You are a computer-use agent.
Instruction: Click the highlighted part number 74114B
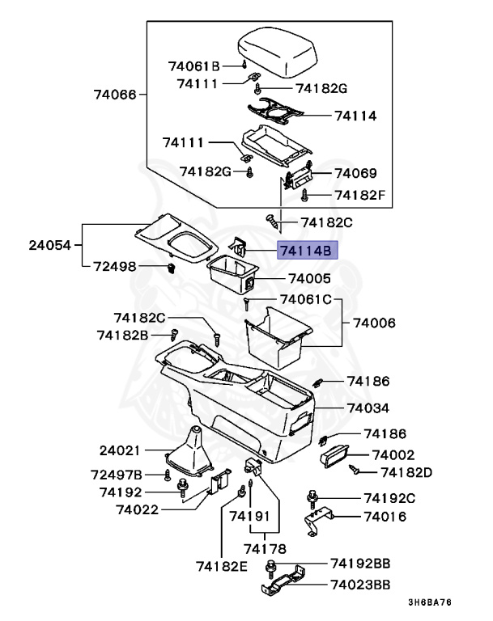(305, 251)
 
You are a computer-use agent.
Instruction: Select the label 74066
(115, 95)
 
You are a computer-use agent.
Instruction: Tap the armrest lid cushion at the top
(278, 50)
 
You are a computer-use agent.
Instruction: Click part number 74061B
(194, 65)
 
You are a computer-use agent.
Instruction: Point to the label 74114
(355, 116)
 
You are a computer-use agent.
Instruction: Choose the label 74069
(355, 173)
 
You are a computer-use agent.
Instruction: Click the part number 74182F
(360, 195)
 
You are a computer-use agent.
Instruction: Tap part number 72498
(115, 266)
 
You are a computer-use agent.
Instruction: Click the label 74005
(305, 278)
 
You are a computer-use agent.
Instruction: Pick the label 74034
(368, 408)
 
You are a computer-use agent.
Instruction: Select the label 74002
(393, 455)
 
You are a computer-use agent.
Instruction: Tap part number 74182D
(406, 471)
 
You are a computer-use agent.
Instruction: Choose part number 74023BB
(361, 584)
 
